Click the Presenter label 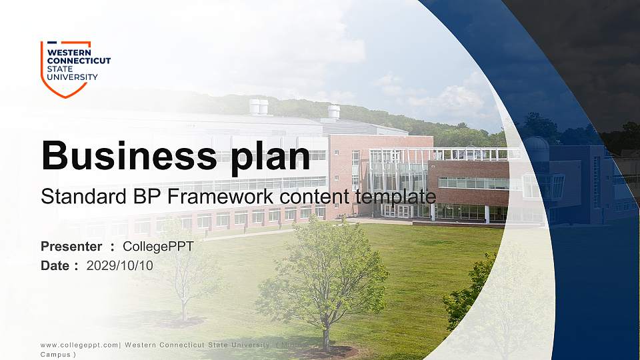(71, 247)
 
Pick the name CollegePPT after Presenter (158, 247)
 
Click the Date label (55, 265)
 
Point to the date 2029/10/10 (120, 265)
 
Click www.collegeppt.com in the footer (79, 345)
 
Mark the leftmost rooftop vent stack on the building (258, 107)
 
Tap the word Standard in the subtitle (69, 197)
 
